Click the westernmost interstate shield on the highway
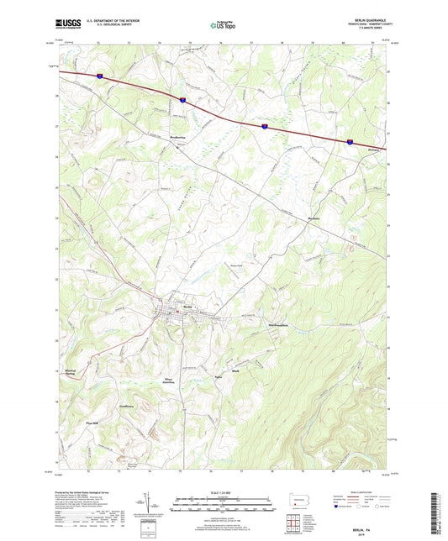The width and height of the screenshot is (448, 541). [100, 76]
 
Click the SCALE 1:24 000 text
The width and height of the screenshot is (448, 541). [224, 494]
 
